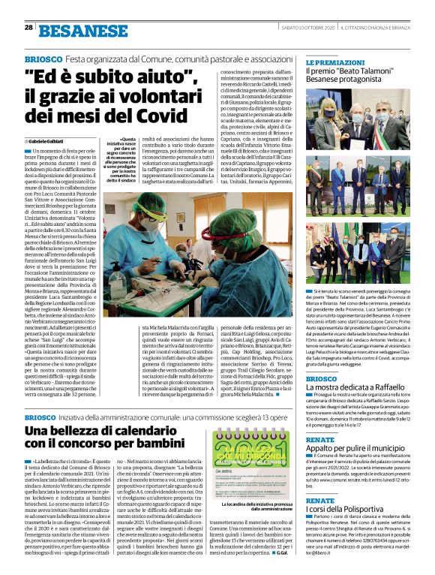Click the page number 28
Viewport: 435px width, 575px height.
pyautogui.click(x=28, y=27)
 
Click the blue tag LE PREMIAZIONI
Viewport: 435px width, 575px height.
pyautogui.click(x=334, y=62)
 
